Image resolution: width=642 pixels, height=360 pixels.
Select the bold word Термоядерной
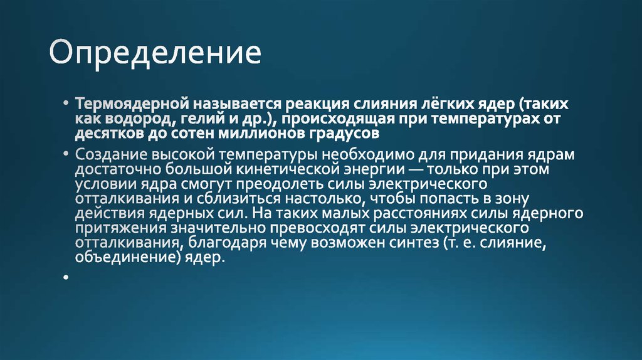(x=132, y=103)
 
